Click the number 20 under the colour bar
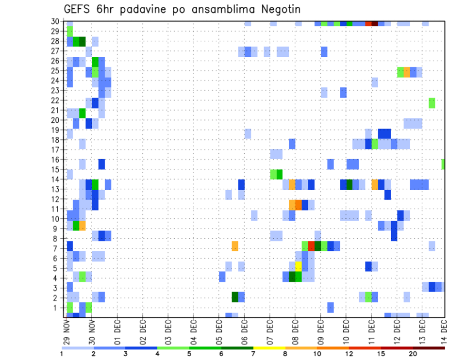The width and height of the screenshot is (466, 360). pos(413,354)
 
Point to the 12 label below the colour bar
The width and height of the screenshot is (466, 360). pos(350,354)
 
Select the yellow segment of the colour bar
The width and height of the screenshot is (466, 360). pos(269,348)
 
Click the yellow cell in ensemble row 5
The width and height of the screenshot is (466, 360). pos(299,266)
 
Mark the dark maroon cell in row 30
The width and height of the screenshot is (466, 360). pos(375,23)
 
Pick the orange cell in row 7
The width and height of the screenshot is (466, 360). pos(235,246)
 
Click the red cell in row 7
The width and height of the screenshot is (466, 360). pos(311,246)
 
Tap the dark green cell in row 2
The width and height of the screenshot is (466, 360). pos(235,297)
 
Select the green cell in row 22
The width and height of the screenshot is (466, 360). pos(432,103)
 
